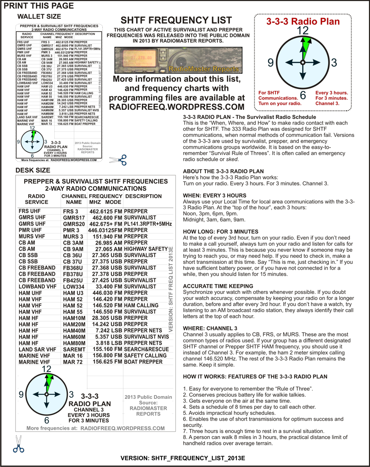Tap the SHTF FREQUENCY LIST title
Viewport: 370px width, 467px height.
(176, 21)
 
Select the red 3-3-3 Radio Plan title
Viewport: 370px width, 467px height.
(303, 22)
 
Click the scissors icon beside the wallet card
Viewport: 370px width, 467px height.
(118, 160)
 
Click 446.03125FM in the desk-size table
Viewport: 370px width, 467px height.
(105, 230)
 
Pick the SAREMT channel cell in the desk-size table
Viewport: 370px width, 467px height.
(74, 349)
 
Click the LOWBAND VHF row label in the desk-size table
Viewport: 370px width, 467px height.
(37, 287)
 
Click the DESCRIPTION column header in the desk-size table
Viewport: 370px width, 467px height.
(143, 196)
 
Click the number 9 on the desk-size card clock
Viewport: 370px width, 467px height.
(21, 395)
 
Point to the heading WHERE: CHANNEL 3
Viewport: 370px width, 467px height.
(210, 328)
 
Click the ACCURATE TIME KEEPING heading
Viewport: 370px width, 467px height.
(217, 286)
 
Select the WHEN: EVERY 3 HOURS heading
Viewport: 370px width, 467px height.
(215, 195)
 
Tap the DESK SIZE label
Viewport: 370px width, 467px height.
(32, 170)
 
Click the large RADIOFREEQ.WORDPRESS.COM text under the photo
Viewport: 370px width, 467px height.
(176, 107)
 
